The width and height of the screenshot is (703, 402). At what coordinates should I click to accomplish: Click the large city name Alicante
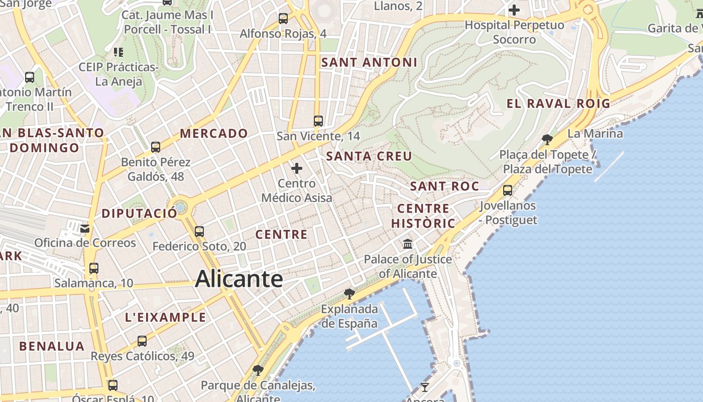(x=239, y=279)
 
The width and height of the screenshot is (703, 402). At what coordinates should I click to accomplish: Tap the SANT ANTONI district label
(x=369, y=62)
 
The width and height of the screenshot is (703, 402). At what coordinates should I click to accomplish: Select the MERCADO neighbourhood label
(x=214, y=133)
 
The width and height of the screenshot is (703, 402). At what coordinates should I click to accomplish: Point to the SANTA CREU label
(x=369, y=156)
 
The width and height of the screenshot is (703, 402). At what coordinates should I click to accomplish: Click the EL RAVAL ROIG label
(x=558, y=104)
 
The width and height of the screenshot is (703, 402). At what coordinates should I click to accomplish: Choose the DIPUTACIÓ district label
(x=140, y=213)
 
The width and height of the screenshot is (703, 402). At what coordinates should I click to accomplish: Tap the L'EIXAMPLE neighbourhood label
(x=165, y=317)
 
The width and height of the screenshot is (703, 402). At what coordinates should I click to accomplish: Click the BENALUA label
(x=52, y=346)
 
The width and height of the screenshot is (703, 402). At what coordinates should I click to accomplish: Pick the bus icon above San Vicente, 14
(x=318, y=121)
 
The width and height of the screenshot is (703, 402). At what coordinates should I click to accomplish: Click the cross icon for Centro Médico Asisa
(x=297, y=168)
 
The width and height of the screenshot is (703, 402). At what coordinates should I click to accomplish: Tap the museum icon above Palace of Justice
(x=408, y=244)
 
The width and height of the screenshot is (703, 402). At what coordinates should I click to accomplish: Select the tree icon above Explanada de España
(x=349, y=293)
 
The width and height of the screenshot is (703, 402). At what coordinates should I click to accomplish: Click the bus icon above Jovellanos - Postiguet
(x=508, y=190)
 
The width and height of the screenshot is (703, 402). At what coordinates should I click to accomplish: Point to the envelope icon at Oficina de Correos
(x=84, y=228)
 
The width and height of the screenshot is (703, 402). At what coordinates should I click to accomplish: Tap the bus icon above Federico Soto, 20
(x=199, y=232)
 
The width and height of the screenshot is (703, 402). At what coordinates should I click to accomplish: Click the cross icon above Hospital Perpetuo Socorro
(x=514, y=10)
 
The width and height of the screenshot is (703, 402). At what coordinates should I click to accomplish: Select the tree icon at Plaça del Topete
(x=547, y=139)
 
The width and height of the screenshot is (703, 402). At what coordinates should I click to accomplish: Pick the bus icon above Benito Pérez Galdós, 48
(x=156, y=147)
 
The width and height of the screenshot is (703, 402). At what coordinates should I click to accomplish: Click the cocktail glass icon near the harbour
(x=425, y=387)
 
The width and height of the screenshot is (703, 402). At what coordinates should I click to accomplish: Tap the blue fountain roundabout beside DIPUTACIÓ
(x=180, y=207)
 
